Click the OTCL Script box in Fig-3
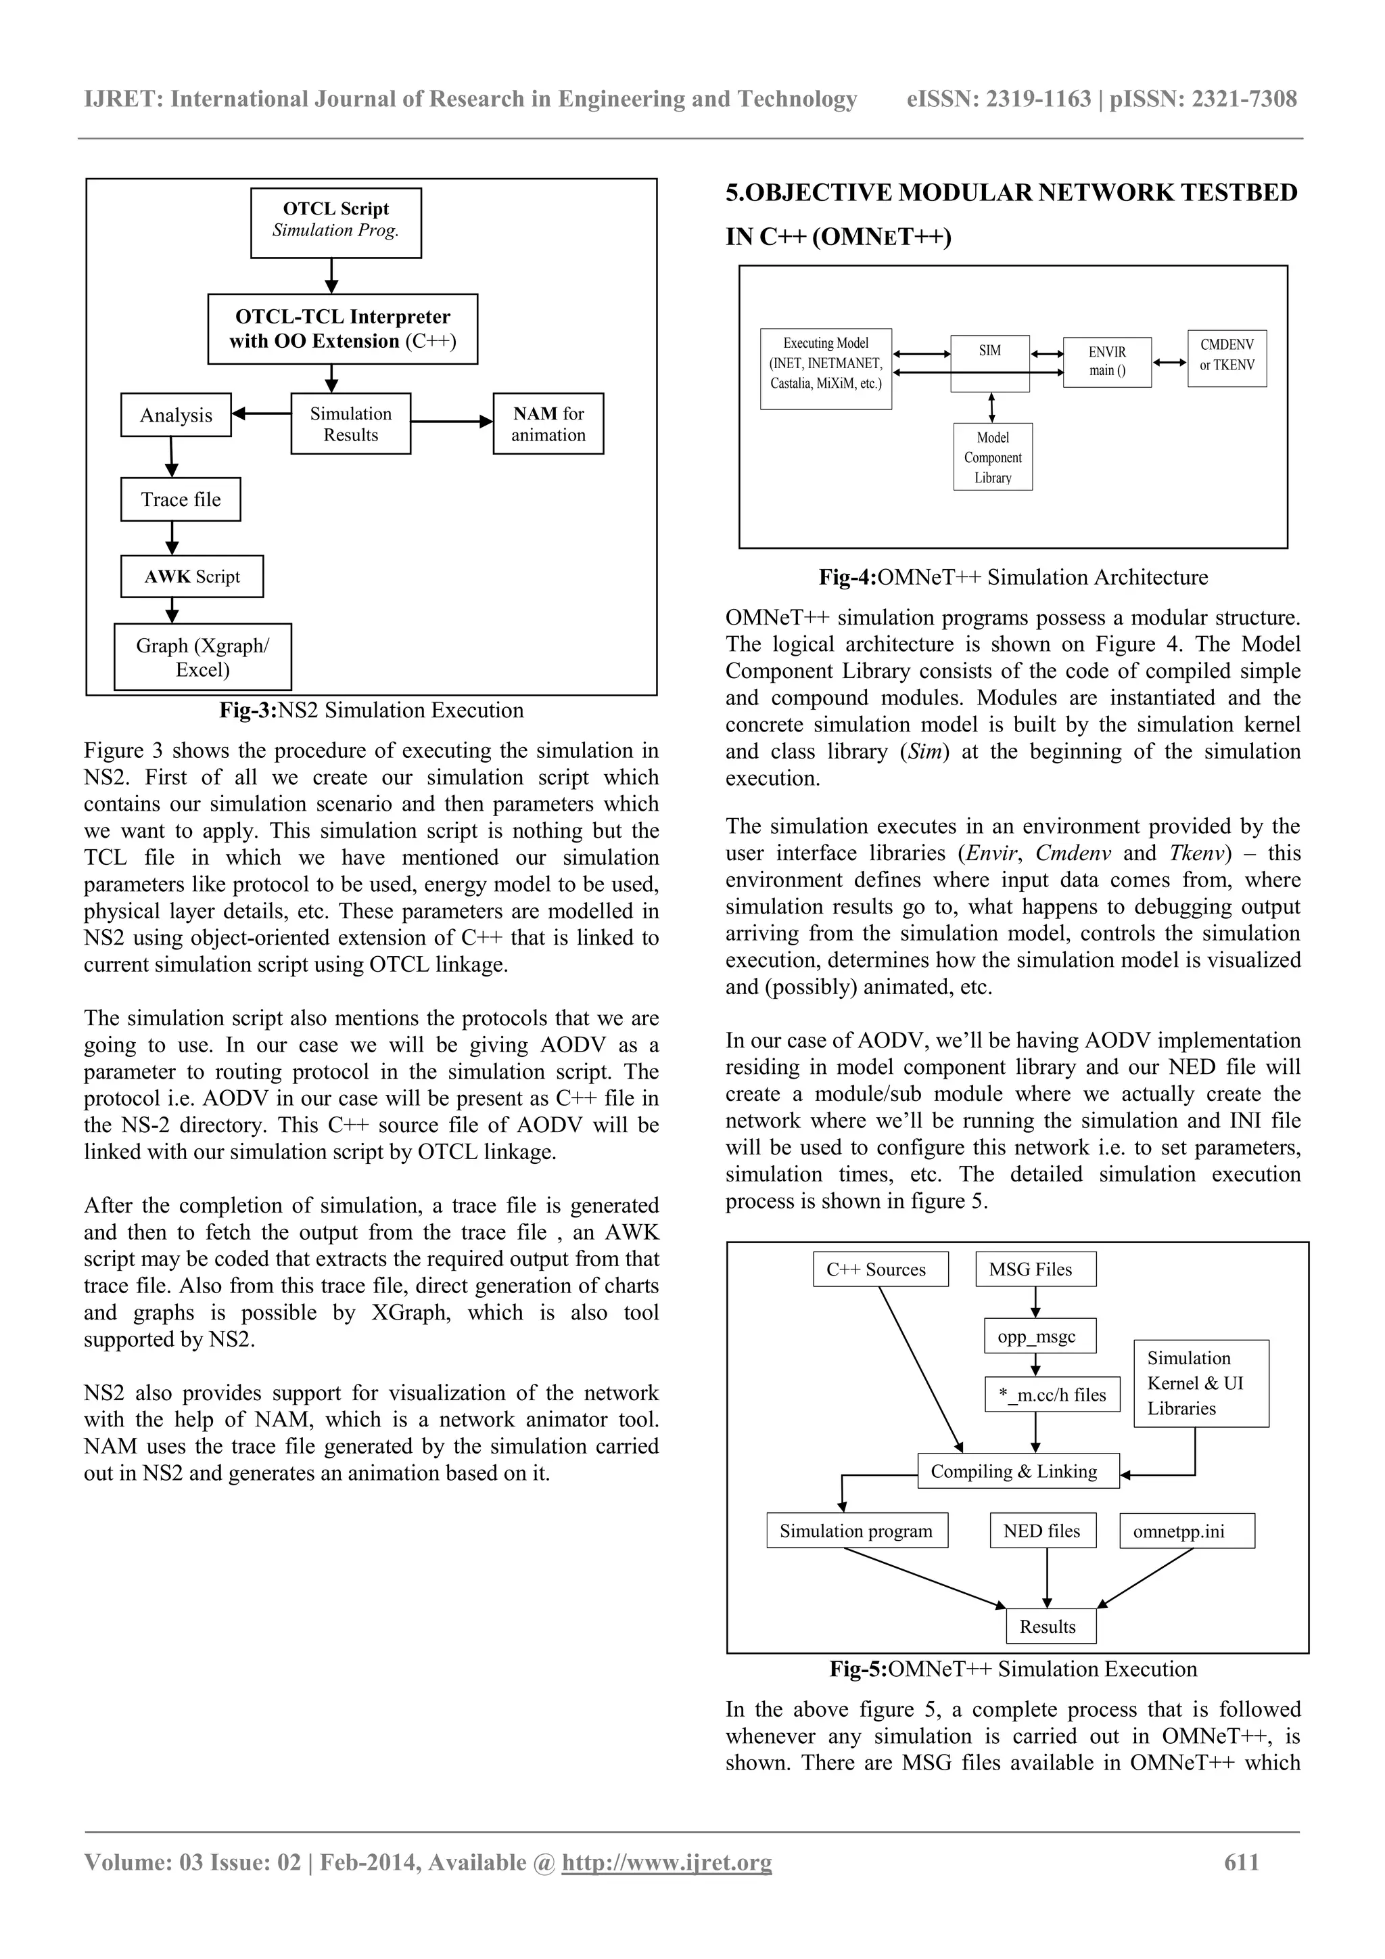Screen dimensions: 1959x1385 (x=336, y=223)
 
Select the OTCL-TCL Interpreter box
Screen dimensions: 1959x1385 (x=343, y=330)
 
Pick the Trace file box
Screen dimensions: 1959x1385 (x=181, y=500)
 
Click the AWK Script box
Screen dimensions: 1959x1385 (x=192, y=577)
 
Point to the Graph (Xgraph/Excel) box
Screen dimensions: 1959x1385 (x=203, y=657)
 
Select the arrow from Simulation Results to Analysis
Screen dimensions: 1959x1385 (x=261, y=414)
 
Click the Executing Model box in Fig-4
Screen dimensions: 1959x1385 (x=826, y=369)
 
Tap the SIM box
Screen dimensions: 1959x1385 (x=990, y=363)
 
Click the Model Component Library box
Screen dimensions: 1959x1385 (x=993, y=457)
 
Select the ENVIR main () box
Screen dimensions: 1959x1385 (x=1107, y=362)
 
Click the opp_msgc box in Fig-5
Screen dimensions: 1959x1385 (x=1035, y=1337)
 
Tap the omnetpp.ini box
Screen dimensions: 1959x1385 (x=1186, y=1531)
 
